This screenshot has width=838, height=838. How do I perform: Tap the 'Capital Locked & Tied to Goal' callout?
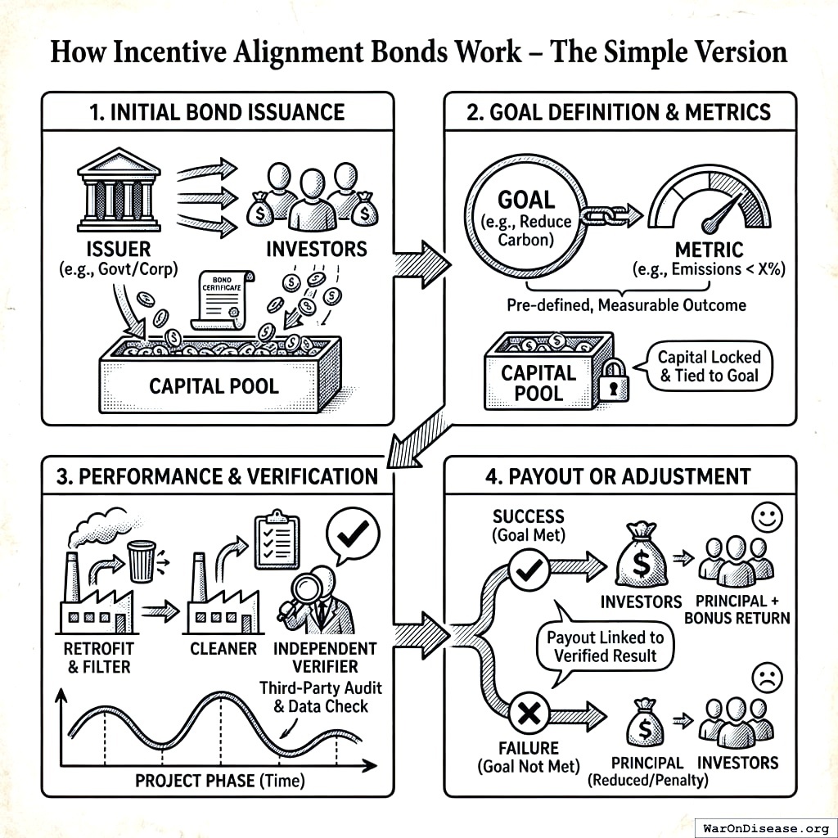coord(709,367)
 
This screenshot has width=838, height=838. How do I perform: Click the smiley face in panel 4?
coord(768,516)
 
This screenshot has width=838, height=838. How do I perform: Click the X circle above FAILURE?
coord(529,714)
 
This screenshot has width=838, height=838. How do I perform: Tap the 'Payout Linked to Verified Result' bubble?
coord(605,647)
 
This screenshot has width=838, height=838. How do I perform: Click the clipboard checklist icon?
coord(277,541)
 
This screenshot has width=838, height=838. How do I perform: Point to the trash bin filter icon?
coord(142,561)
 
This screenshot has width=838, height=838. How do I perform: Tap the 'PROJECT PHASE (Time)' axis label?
coord(219,780)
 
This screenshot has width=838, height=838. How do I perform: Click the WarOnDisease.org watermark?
coord(764,827)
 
